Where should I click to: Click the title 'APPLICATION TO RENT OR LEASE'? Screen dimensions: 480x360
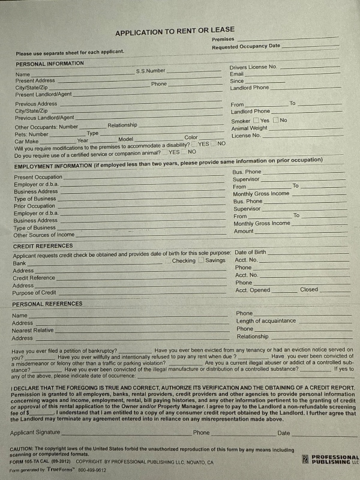coord(175,31)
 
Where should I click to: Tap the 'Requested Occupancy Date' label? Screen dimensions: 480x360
coord(245,46)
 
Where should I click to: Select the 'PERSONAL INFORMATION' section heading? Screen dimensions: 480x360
coord(50,63)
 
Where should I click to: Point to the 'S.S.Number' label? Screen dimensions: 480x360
coord(150,71)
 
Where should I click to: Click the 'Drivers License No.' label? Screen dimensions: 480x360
coord(253,67)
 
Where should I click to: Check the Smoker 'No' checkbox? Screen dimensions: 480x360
coord(276,121)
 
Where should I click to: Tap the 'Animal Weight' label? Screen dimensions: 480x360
coord(250,128)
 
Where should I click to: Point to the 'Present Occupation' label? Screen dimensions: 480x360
coord(38,177)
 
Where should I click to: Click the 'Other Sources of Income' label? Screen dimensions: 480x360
coord(44,235)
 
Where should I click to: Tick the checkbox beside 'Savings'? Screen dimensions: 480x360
coord(202,260)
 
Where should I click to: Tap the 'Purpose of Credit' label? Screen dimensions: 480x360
coord(34,293)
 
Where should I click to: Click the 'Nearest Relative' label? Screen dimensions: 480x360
coord(32,331)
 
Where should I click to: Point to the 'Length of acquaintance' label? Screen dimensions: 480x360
coord(266,321)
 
